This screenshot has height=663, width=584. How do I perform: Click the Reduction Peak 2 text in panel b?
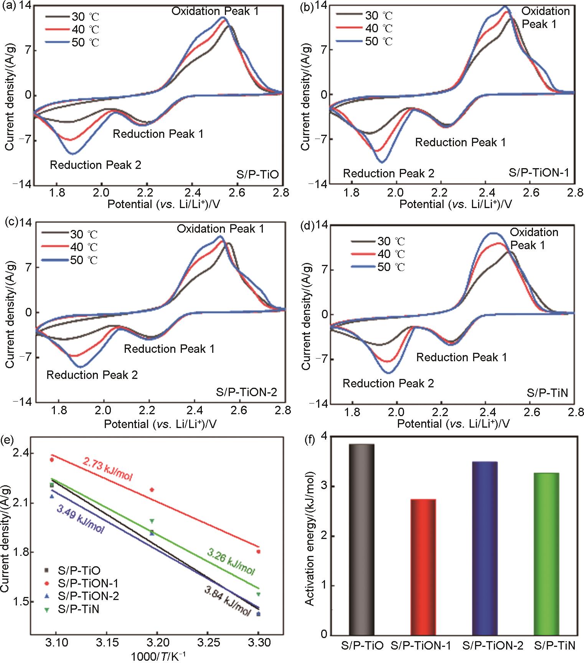(388, 174)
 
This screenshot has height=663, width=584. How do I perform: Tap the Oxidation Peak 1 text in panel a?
(215, 11)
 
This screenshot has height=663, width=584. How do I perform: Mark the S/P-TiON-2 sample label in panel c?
(246, 392)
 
